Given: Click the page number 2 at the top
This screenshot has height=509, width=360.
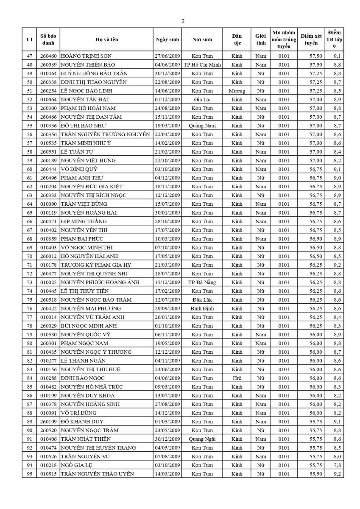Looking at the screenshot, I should click(183, 22).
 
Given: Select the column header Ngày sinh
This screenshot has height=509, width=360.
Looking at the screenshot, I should click(167, 39).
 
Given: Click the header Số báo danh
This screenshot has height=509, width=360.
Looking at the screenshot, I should click(48, 39).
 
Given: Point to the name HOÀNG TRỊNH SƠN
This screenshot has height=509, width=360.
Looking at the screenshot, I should click(86, 56).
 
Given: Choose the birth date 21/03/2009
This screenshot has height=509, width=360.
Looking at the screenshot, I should click(167, 265).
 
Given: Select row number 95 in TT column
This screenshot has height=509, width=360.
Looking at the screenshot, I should click(29, 474).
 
